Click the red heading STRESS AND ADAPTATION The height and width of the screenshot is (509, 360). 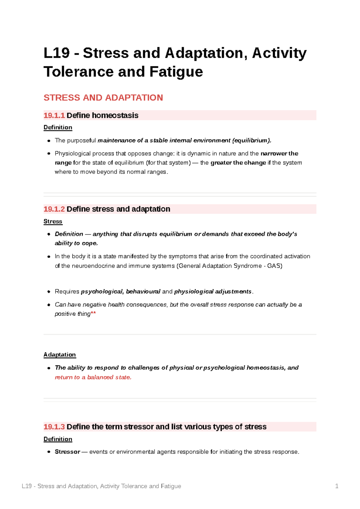(103, 98)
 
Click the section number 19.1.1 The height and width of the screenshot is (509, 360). (54, 115)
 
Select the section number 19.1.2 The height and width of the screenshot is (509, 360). (54, 209)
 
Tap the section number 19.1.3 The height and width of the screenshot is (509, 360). (54, 427)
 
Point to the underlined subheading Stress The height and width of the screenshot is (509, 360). (53, 222)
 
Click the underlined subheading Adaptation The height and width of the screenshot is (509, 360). (59, 355)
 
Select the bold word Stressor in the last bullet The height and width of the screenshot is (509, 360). (67, 452)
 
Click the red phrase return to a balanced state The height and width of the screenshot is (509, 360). (93, 377)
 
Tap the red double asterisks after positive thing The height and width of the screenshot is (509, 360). (93, 314)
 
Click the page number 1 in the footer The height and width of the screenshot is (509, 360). (337, 486)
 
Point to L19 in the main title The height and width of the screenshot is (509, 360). (57, 53)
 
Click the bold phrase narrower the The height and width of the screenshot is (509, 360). (279, 153)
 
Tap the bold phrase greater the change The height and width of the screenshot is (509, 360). (238, 163)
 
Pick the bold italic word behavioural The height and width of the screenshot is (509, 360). (143, 292)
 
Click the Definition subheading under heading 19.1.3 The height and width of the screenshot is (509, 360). (58, 439)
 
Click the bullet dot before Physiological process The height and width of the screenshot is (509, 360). (49, 154)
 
